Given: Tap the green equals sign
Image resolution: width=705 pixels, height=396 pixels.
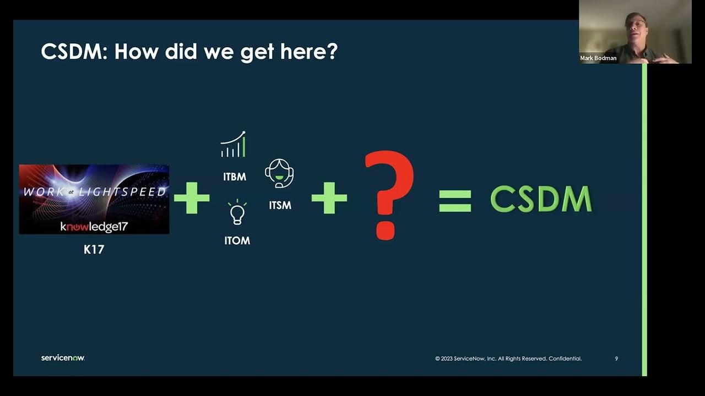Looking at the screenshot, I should pyautogui.click(x=455, y=200).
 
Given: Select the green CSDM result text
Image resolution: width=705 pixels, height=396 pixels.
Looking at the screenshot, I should pyautogui.click(x=541, y=199).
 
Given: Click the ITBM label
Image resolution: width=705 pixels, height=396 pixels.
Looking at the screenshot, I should pyautogui.click(x=235, y=177).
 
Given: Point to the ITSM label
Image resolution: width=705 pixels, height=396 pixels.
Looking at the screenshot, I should pyautogui.click(x=280, y=205).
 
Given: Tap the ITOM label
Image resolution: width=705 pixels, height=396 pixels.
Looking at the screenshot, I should pyautogui.click(x=237, y=241).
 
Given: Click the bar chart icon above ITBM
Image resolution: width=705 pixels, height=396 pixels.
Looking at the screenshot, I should pyautogui.click(x=233, y=145).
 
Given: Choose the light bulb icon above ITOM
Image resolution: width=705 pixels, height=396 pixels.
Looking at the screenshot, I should pyautogui.click(x=237, y=213).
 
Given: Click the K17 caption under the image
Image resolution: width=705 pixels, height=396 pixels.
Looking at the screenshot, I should pyautogui.click(x=94, y=250).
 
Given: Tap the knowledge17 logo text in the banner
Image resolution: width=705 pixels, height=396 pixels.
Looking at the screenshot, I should pyautogui.click(x=94, y=226).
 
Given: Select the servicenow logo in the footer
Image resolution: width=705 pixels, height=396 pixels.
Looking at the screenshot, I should pyautogui.click(x=63, y=358).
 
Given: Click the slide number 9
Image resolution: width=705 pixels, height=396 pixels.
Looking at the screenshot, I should pyautogui.click(x=616, y=359).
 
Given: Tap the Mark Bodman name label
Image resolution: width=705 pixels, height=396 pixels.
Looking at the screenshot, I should pyautogui.click(x=598, y=58).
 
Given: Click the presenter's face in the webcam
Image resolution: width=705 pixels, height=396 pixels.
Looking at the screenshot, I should pyautogui.click(x=636, y=26).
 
